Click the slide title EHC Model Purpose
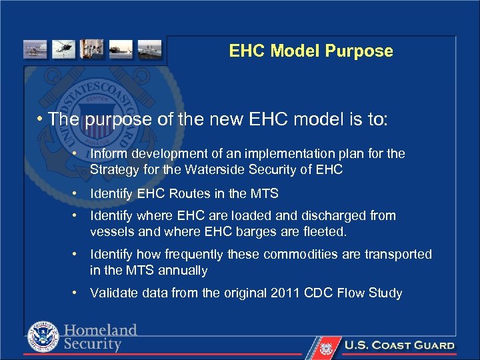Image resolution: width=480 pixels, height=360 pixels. pyautogui.click(x=311, y=51)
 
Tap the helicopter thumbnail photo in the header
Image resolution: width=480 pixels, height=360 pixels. pyautogui.click(x=65, y=50)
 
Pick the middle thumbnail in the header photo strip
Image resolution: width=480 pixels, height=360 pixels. pyautogui.click(x=92, y=50)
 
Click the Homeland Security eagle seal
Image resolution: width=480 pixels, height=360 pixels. pyautogui.click(x=43, y=337)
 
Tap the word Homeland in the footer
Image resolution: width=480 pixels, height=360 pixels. pyautogui.click(x=101, y=330)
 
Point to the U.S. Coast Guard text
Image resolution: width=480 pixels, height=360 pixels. pyautogui.click(x=399, y=345)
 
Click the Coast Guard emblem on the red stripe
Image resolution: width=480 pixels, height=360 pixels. pyautogui.click(x=325, y=347)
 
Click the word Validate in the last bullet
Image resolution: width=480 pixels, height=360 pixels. pyautogui.click(x=112, y=293)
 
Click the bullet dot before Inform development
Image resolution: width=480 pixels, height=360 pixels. pyautogui.click(x=77, y=154)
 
